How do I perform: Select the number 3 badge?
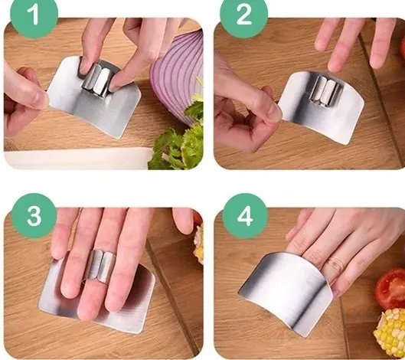click(x=34, y=216)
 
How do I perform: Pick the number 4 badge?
click(x=245, y=216)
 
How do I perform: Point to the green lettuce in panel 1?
click(x=179, y=145)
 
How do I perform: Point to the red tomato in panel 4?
click(x=390, y=289)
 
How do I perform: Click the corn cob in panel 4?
click(x=390, y=328)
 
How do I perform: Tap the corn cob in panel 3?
click(x=199, y=244)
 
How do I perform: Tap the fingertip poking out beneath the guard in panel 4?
click(x=335, y=292)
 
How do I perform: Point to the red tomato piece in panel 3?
click(x=198, y=217)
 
